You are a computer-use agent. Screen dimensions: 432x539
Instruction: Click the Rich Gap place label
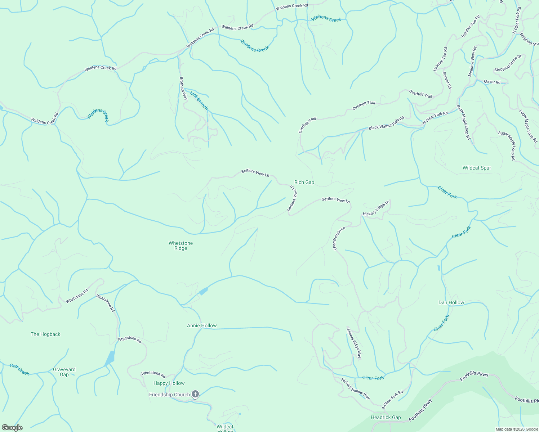(304, 183)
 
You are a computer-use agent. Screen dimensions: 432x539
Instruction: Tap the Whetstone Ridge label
(181, 246)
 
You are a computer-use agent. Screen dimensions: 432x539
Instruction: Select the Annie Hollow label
(202, 325)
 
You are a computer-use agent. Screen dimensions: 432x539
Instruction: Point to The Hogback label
(45, 334)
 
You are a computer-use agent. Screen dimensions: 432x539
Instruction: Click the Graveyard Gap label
(64, 372)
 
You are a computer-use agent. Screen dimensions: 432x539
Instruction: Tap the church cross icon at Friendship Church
(195, 395)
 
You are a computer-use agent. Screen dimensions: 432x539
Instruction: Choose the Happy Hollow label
(169, 383)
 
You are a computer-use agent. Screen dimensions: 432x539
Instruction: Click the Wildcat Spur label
(477, 168)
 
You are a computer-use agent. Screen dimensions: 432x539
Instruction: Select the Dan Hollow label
(451, 302)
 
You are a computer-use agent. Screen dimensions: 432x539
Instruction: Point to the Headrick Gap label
(386, 418)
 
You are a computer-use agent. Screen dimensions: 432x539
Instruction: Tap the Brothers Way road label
(184, 88)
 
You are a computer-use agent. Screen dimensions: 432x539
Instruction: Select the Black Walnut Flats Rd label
(386, 123)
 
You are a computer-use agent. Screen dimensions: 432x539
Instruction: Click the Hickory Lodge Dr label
(376, 208)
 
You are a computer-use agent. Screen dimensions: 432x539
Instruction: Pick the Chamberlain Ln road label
(339, 238)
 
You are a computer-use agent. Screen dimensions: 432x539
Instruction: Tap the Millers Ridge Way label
(354, 343)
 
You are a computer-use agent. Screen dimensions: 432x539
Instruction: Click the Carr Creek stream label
(19, 369)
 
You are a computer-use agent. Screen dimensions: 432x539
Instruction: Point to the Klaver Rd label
(492, 82)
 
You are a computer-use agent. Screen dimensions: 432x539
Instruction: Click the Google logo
(12, 428)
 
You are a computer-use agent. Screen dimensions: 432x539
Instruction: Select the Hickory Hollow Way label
(355, 389)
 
